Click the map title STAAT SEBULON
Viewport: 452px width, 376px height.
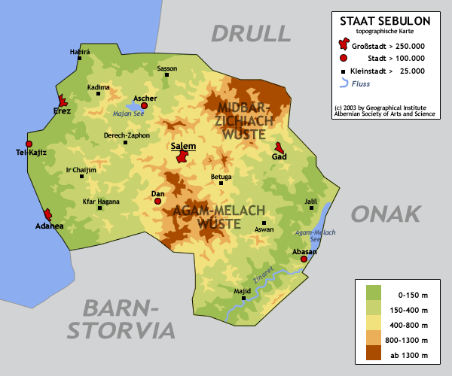pos(385,22)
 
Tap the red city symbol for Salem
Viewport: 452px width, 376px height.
pos(182,156)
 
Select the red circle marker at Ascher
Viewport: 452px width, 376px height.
pos(145,106)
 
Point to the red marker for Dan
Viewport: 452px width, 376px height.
pos(158,201)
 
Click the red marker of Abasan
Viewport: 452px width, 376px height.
pos(304,259)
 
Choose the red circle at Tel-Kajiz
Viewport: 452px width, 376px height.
pos(29,144)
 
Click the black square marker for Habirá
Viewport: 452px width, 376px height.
pos(79,59)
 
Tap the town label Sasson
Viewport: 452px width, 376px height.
pos(167,68)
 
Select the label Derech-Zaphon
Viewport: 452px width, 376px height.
pos(127,135)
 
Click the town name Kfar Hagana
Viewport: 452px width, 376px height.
pos(102,201)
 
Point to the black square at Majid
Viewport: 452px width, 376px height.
pos(243,299)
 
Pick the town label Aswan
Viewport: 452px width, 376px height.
pos(264,229)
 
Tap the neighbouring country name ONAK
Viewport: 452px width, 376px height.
pos(385,214)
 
